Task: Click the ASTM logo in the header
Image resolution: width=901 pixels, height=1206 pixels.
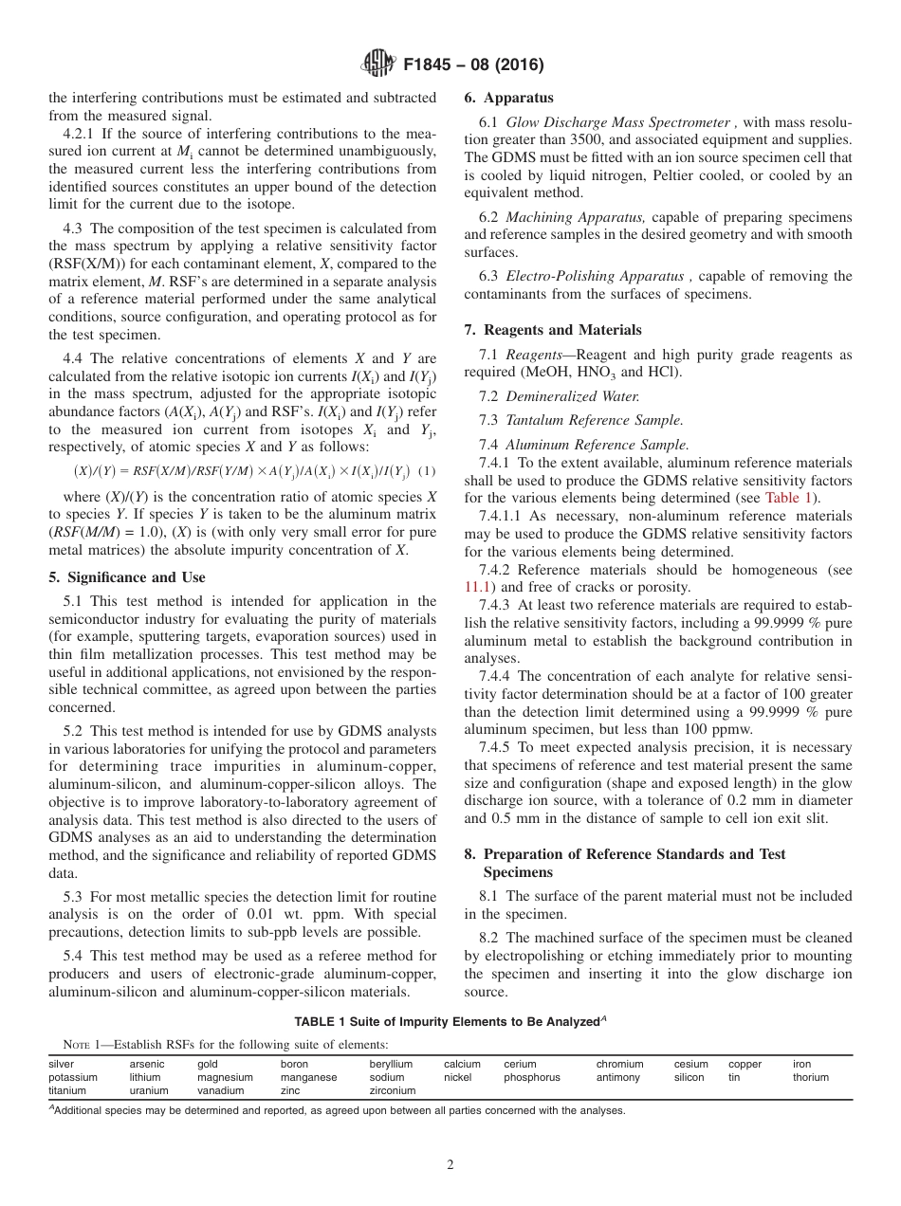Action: [378, 64]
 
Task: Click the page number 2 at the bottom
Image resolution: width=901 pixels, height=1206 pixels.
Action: [450, 1165]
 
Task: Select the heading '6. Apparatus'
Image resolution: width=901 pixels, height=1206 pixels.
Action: [508, 98]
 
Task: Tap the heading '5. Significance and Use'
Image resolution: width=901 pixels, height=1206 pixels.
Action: [126, 577]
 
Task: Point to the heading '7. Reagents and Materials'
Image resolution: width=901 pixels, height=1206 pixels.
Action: [553, 330]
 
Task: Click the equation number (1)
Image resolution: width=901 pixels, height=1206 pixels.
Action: [427, 471]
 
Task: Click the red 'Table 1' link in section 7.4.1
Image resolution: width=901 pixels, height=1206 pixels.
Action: [787, 498]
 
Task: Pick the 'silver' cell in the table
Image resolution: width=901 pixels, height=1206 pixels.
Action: [61, 1065]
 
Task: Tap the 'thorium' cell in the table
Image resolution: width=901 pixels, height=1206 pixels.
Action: [811, 1078]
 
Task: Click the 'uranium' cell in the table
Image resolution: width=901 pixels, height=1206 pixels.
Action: [149, 1091]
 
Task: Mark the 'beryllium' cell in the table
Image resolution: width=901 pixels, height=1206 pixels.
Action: [391, 1065]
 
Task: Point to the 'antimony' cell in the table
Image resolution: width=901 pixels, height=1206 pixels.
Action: [618, 1078]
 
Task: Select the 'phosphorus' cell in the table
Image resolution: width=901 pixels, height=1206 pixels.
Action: [532, 1078]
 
